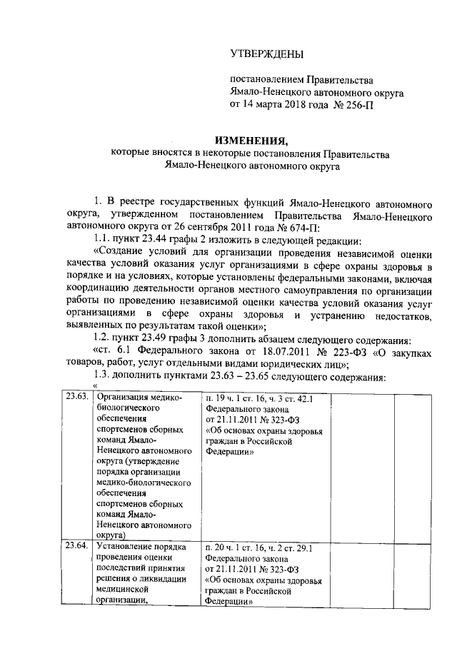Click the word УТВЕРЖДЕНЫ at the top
point(266,54)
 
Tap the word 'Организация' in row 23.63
point(121,398)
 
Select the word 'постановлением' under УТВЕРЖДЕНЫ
point(261,79)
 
